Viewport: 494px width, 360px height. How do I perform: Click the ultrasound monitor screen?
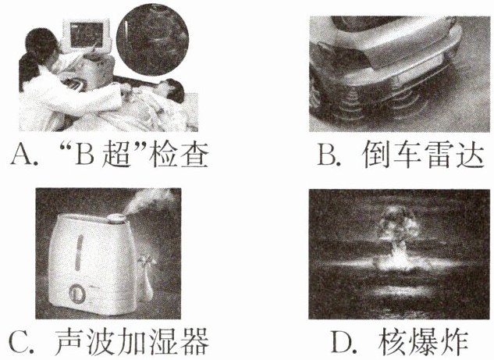87,34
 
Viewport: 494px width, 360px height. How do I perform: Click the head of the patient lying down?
170,89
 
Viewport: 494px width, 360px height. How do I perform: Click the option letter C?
20,341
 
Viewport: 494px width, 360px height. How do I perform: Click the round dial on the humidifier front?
77,293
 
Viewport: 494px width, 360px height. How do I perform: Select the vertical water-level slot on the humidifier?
79,252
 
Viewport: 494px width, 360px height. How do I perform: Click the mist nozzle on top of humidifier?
117,217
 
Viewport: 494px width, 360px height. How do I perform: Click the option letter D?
342,341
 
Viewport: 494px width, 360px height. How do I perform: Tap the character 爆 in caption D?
423,342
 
